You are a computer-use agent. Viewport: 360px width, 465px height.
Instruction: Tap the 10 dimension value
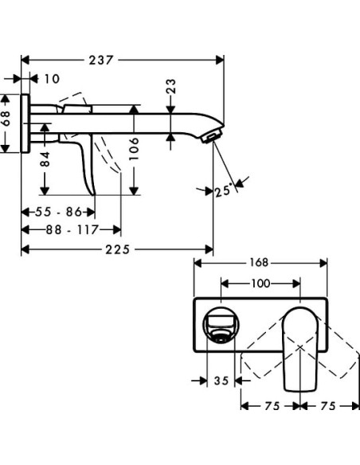pos(52,79)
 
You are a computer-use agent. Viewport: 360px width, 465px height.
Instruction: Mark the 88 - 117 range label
pos(71,229)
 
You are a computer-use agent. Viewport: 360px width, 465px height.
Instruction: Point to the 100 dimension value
pos(260,282)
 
